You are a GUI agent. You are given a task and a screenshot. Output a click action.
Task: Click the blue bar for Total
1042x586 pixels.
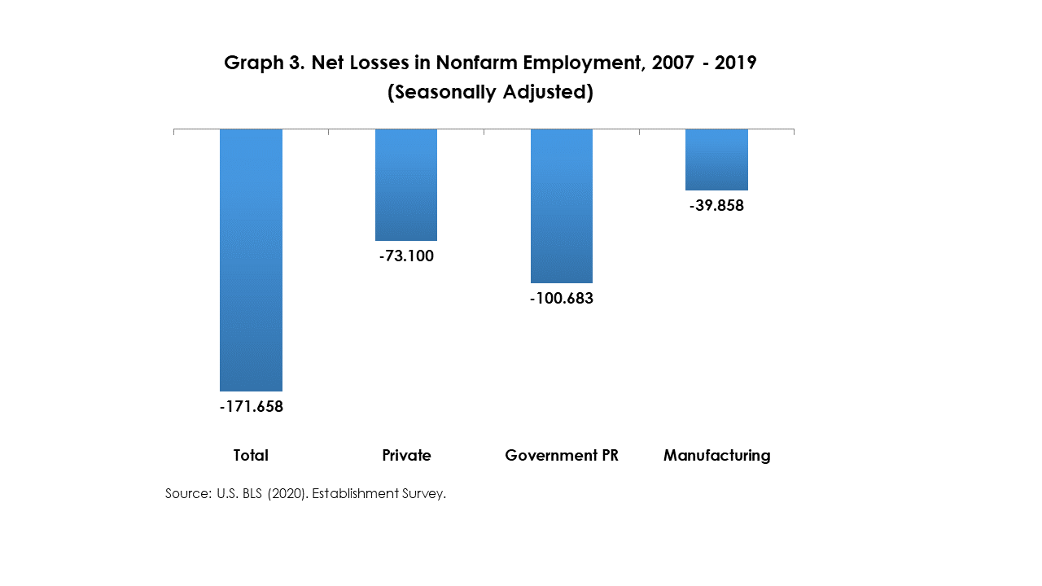251,260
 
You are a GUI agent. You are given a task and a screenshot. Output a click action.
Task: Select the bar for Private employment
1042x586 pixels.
406,185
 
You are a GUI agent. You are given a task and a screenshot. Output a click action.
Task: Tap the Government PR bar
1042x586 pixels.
562,206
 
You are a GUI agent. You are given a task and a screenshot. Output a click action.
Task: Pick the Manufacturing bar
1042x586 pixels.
716,160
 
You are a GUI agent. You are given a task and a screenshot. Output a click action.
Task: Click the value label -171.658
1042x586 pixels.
252,406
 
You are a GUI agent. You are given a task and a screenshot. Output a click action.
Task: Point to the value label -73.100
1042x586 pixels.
406,256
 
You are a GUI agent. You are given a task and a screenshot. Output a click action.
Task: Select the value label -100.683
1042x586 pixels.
562,299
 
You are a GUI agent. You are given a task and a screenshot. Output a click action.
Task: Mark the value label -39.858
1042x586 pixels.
716,206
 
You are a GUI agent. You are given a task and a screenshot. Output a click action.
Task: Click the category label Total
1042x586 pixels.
251,456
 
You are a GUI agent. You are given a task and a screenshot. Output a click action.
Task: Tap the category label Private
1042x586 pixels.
406,456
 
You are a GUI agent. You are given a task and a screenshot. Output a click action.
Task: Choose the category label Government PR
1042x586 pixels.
562,456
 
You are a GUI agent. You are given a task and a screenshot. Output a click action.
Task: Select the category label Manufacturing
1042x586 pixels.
716,456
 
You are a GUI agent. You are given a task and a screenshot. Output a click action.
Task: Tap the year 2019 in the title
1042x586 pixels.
736,63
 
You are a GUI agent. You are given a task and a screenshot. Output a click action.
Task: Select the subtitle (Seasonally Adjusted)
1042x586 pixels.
490,93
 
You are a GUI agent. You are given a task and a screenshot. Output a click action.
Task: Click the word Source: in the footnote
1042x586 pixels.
189,493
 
